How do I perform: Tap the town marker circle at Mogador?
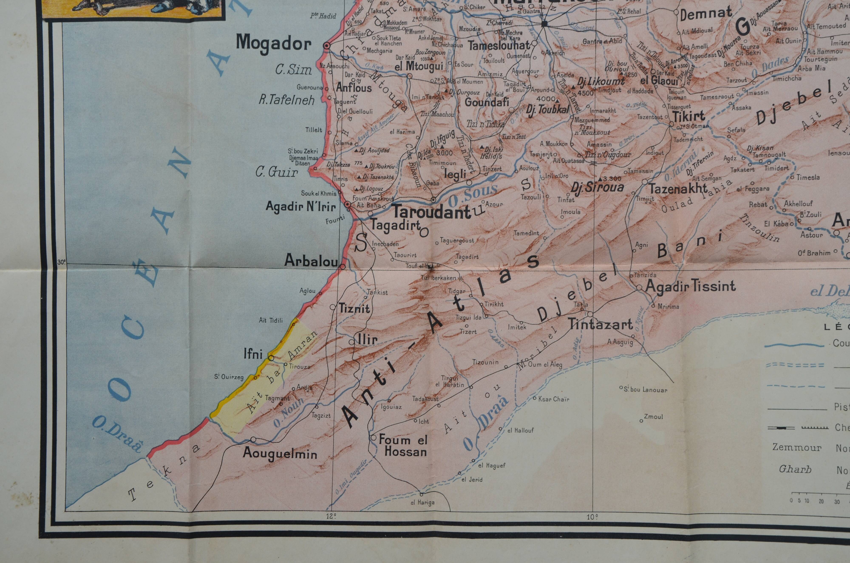[327, 46]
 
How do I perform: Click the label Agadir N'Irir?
[300, 206]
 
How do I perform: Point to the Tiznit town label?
[354, 308]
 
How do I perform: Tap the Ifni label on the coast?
[253, 354]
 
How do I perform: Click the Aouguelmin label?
[280, 453]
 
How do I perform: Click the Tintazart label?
[600, 325]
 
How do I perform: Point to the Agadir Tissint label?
[690, 286]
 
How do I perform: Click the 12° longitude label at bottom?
[331, 517]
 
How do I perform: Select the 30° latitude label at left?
[61, 262]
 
